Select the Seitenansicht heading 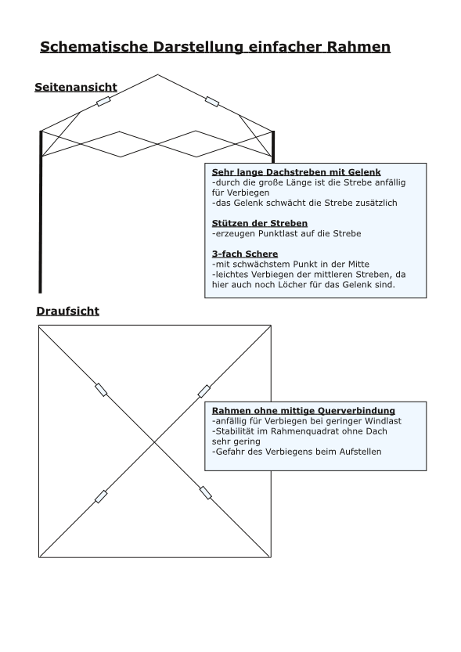(76, 87)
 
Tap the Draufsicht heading (68, 311)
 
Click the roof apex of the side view (158, 75)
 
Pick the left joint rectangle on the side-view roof (103, 101)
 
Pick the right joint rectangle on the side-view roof (212, 102)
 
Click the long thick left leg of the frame (41, 211)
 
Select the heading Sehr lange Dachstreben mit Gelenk (297, 172)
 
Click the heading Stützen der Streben (260, 223)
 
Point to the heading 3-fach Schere (245, 254)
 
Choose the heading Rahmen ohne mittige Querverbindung (304, 411)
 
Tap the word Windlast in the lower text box (384, 421)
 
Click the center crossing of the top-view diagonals (155, 442)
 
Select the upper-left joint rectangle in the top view (101, 390)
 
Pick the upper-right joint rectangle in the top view (203, 391)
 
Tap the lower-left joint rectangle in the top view (101, 496)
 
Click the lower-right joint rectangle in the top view (205, 493)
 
